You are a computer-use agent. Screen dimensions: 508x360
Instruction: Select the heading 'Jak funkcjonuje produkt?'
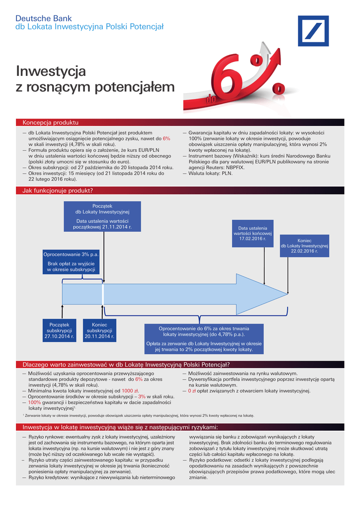(58, 190)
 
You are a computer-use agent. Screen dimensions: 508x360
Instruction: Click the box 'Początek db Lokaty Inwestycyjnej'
(102, 216)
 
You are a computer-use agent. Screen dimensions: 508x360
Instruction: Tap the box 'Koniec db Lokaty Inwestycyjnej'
(304, 246)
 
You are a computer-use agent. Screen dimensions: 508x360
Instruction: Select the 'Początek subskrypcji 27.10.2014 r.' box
(60, 330)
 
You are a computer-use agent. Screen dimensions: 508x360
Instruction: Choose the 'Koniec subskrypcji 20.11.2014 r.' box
(99, 330)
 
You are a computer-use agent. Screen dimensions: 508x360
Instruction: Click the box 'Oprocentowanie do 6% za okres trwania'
(204, 339)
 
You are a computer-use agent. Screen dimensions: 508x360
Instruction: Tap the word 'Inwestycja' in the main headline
(51, 71)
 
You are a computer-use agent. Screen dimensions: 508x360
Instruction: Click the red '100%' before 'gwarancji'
(34, 402)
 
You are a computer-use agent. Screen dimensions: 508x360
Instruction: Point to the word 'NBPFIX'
(237, 168)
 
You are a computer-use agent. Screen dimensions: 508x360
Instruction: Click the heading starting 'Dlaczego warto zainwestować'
(119, 365)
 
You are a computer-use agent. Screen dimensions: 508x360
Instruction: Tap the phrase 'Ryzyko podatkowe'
(211, 460)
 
